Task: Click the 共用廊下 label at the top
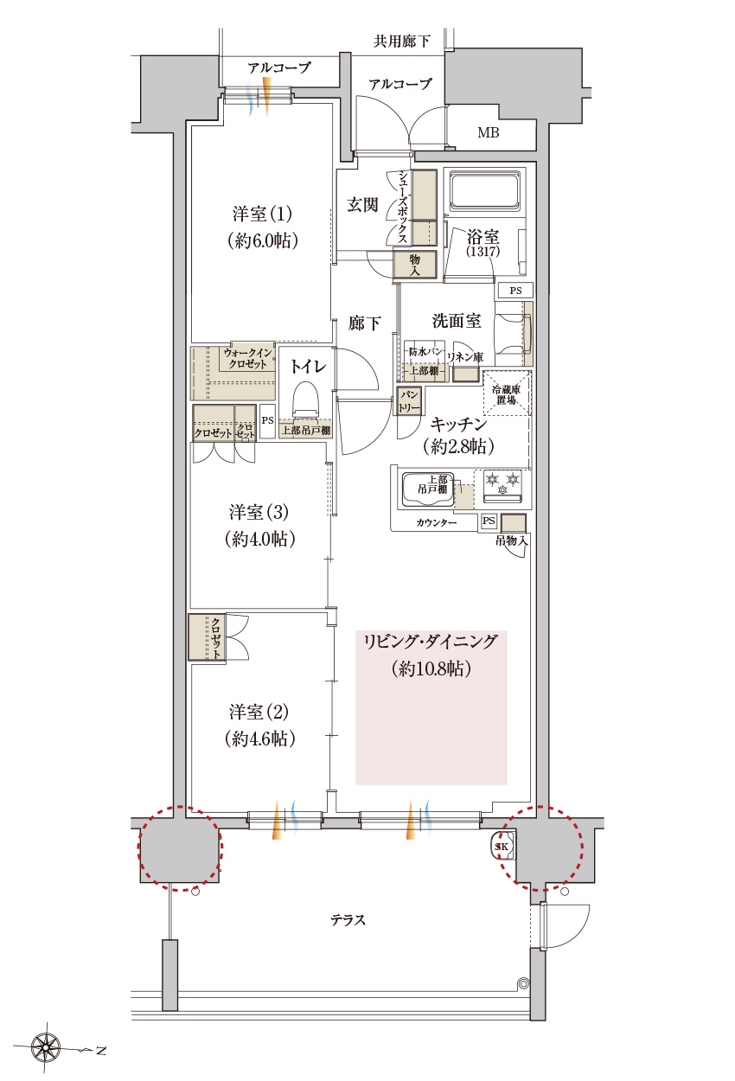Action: coord(401,41)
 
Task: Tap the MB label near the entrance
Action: coord(489,133)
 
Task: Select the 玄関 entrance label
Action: coord(362,205)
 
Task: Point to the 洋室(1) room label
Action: coord(262,227)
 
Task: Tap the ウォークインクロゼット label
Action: coord(247,358)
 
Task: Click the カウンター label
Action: coord(436,523)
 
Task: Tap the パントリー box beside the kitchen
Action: coord(408,400)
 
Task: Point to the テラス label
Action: coord(348,920)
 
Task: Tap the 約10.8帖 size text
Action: coord(431,668)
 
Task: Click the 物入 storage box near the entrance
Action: coord(414,265)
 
